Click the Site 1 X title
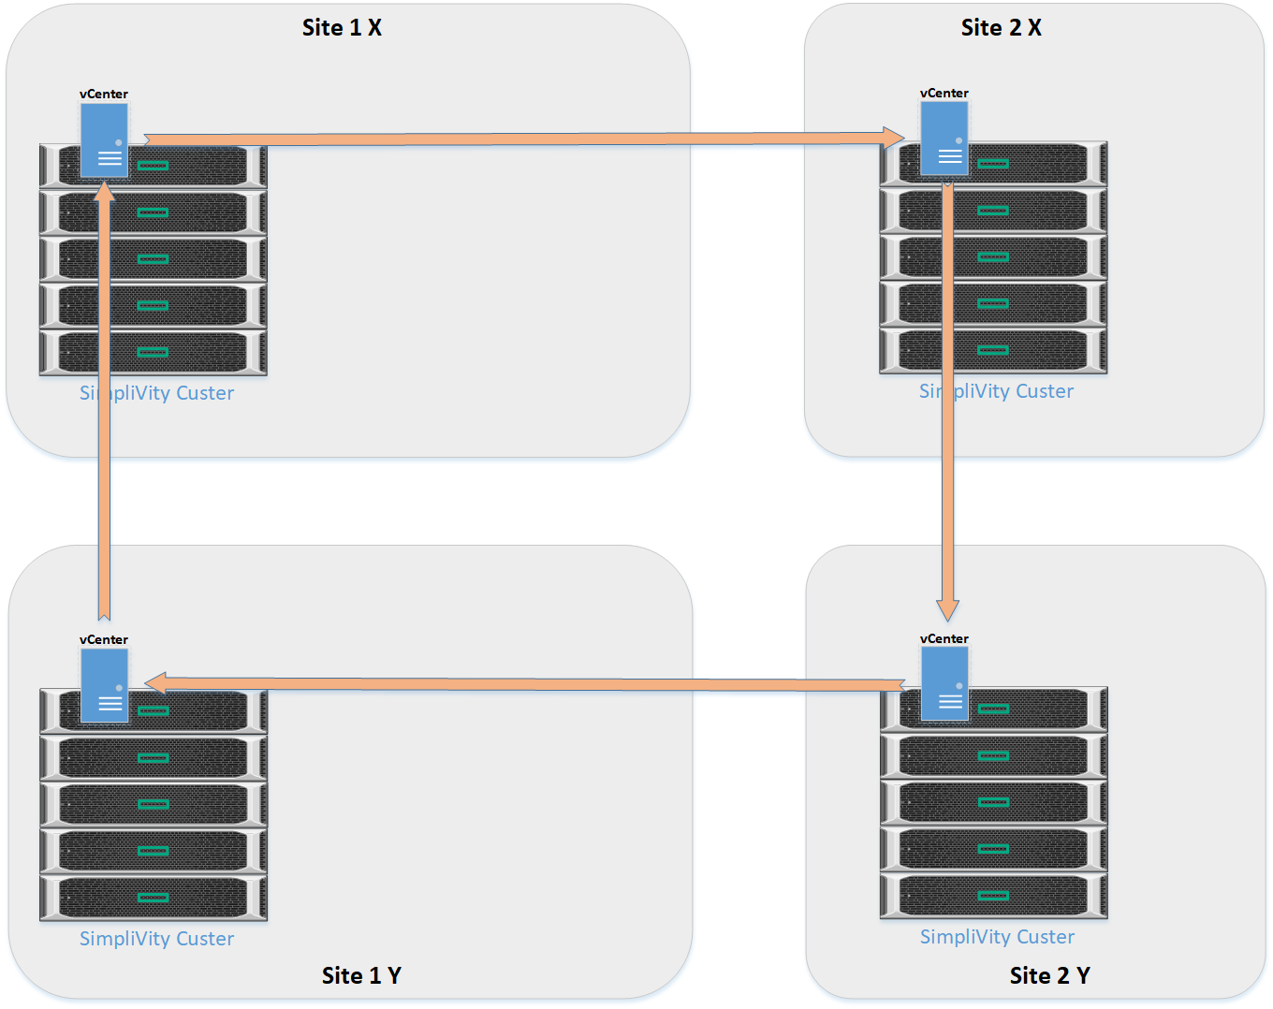[x=342, y=28]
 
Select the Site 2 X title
[x=1001, y=28]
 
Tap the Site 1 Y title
[x=361, y=975]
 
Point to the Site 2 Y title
[x=1049, y=975]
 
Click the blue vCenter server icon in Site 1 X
[x=104, y=140]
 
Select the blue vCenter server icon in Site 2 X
[x=944, y=139]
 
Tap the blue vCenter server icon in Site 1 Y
[x=104, y=685]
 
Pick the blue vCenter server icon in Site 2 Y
[x=944, y=684]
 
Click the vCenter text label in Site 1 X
[x=104, y=94]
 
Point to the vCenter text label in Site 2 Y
[x=944, y=638]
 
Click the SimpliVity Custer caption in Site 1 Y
[x=156, y=939]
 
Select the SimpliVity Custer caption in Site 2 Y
[x=997, y=937]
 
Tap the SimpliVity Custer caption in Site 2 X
[x=996, y=391]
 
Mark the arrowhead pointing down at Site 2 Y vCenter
[x=948, y=610]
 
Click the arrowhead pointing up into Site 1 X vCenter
[x=105, y=191]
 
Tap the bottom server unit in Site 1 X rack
[x=154, y=353]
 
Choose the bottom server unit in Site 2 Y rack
[x=993, y=896]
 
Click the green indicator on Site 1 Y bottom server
[x=153, y=898]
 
